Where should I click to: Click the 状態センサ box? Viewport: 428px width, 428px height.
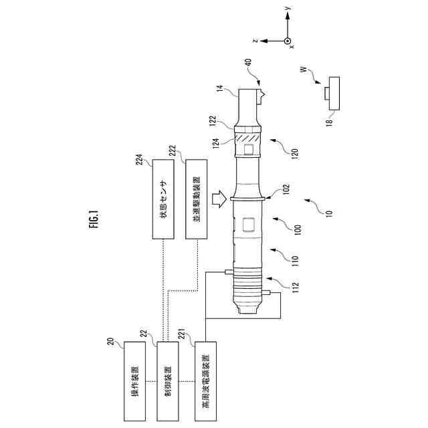(163, 199)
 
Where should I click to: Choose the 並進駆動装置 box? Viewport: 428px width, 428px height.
(196, 199)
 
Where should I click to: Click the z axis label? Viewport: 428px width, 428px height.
(255, 41)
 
